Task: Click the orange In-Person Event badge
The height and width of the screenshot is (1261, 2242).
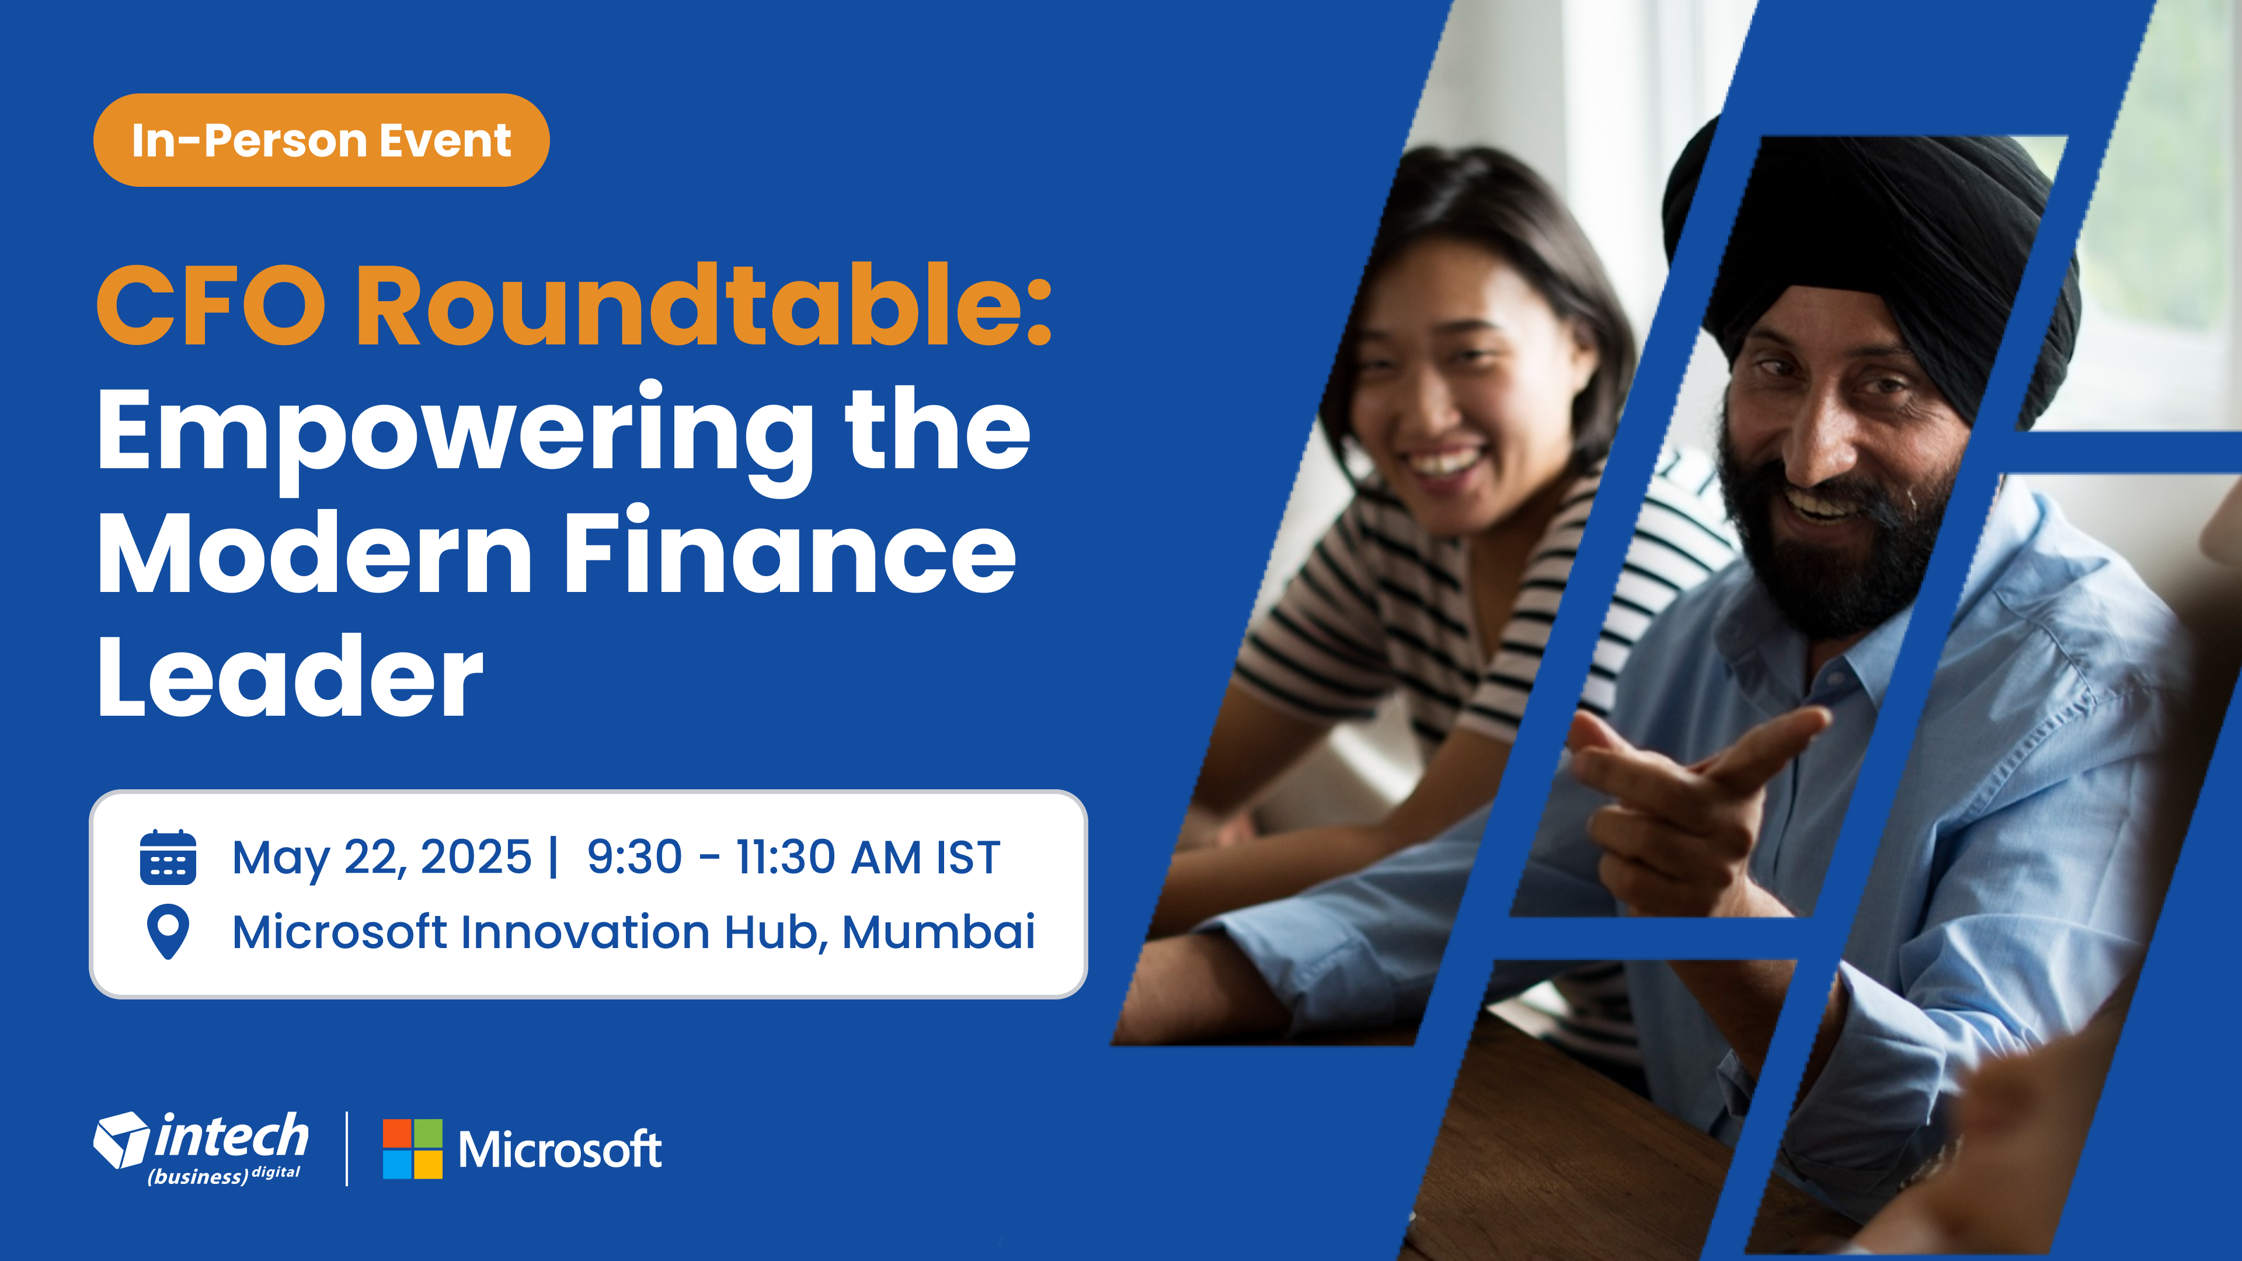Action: [321, 140]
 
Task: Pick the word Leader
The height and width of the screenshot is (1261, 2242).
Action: [290, 675]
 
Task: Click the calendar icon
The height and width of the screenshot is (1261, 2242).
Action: [168, 857]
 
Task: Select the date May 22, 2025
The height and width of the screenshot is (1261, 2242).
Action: [381, 858]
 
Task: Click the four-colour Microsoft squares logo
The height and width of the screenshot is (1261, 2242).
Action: [413, 1149]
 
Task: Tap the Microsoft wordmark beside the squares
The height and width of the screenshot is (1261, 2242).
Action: [560, 1149]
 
